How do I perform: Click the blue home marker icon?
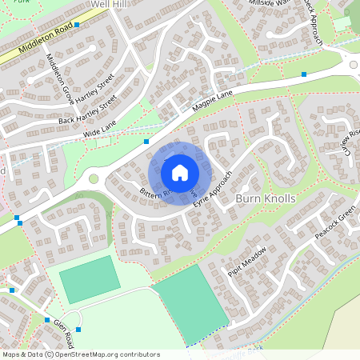click(x=180, y=172)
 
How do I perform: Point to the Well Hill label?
click(x=110, y=5)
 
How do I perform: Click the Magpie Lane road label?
click(x=212, y=102)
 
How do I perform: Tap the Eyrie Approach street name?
click(x=213, y=189)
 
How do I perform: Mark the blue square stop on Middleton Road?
click(x=78, y=25)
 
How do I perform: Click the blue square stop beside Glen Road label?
click(x=78, y=329)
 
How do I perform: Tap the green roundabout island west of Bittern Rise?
click(x=93, y=179)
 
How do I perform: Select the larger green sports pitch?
click(x=193, y=302)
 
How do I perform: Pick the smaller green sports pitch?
click(x=90, y=279)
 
